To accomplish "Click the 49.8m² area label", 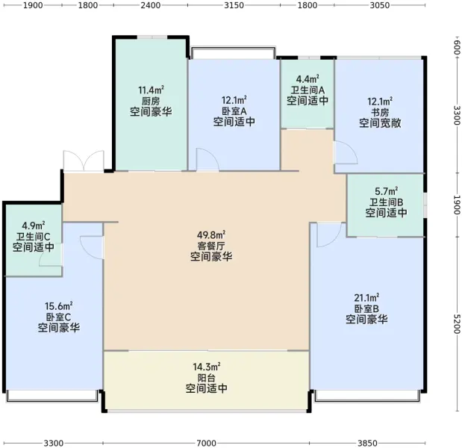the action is coord(211,235).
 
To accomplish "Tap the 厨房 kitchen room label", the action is coord(151,101).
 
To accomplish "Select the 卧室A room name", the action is coord(234,111).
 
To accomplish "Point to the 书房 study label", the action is coord(380,112).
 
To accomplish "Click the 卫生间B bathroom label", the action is coord(387,202).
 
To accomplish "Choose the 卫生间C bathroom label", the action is coord(33,237).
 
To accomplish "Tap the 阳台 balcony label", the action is coord(206,378).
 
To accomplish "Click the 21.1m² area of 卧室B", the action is coord(366,298).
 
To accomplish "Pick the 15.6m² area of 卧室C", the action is coord(59,306).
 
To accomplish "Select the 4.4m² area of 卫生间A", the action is coord(308,79).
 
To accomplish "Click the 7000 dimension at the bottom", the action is coord(206,443).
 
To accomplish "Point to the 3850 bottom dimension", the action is coord(367,443).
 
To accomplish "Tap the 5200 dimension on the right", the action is coord(457,324).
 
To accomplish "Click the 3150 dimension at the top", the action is coord(234,5).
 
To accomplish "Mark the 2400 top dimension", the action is coord(150,5).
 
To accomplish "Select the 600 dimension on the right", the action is coord(457,47).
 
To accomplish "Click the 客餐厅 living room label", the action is coord(211,246).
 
